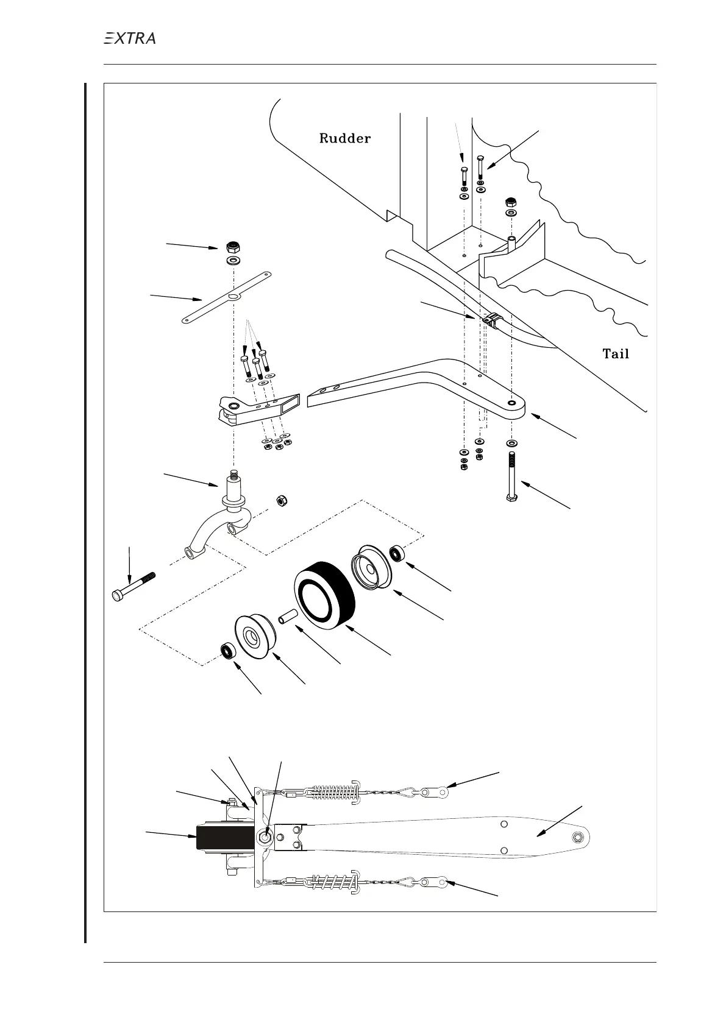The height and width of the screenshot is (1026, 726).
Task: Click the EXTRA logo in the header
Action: (129, 38)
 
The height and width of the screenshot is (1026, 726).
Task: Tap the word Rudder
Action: (344, 138)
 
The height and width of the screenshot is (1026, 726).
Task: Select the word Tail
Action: (615, 353)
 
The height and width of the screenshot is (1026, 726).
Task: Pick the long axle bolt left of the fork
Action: (133, 586)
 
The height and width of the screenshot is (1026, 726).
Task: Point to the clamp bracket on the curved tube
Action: (493, 319)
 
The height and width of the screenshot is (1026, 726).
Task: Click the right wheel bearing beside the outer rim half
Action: (397, 554)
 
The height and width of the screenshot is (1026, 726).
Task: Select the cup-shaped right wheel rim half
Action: (371, 567)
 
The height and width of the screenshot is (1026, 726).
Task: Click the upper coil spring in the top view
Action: (334, 791)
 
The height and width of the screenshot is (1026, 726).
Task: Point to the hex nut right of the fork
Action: (282, 501)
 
